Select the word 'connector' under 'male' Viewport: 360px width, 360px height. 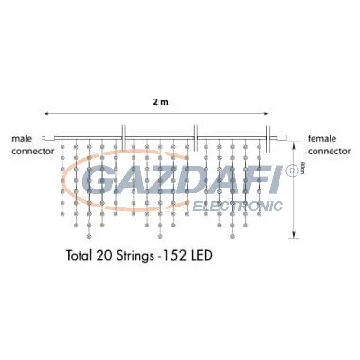[x=32, y=150]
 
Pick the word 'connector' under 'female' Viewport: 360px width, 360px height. [x=328, y=150]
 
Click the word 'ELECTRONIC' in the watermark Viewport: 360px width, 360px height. [x=238, y=205]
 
